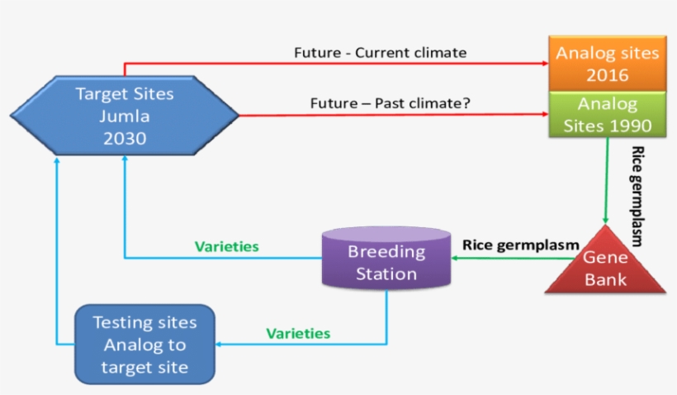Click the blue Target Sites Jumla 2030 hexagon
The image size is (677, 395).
click(125, 115)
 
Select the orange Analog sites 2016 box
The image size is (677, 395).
click(607, 64)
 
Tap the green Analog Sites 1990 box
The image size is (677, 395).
click(607, 115)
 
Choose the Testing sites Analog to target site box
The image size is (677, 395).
click(144, 344)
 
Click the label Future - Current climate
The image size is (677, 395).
click(380, 53)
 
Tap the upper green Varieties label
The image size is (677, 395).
click(226, 246)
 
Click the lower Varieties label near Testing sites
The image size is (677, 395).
click(297, 334)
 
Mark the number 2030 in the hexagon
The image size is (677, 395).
click(125, 138)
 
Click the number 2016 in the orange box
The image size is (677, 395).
click(607, 76)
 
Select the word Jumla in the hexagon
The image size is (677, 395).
click(125, 116)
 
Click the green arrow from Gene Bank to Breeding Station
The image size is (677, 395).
click(499, 258)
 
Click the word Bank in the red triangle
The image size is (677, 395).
click(605, 279)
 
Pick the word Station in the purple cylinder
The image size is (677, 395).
click(386, 273)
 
